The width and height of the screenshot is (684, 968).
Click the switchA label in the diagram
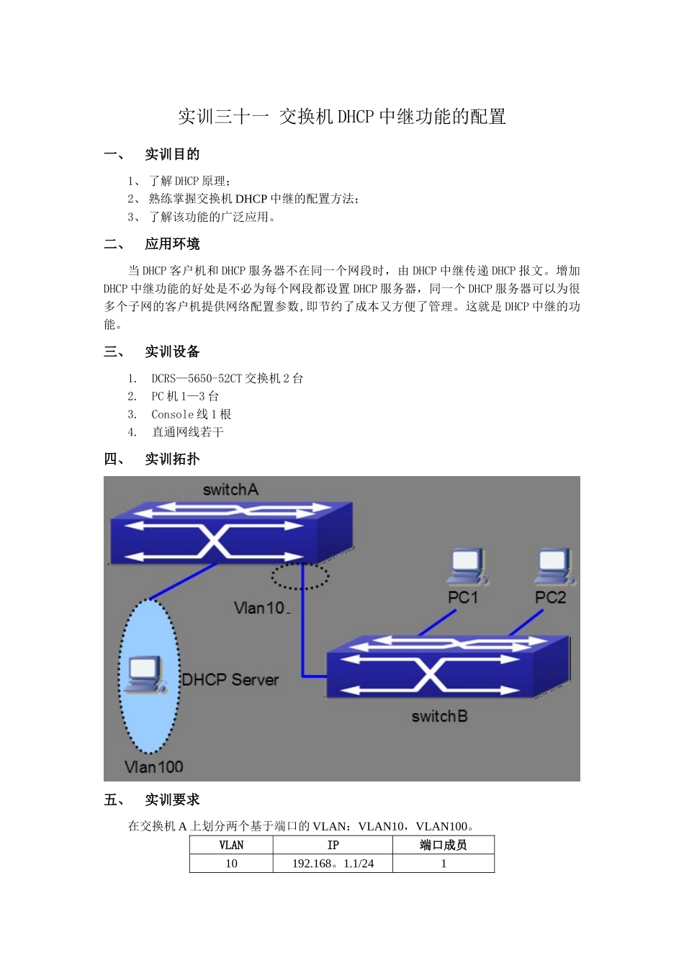(x=230, y=490)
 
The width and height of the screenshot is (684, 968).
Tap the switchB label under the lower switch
(x=439, y=716)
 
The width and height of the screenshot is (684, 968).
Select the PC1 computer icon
(x=467, y=567)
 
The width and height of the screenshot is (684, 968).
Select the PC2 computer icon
(x=554, y=567)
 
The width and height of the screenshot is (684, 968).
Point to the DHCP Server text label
(x=230, y=679)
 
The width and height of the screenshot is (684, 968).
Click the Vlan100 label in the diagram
(x=153, y=766)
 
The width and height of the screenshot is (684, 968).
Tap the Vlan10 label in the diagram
(x=261, y=608)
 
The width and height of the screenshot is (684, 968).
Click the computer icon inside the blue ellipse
(x=145, y=675)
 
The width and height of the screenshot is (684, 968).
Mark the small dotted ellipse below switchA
(x=300, y=576)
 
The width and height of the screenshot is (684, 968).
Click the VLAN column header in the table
(x=231, y=845)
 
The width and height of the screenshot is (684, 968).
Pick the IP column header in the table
(x=333, y=845)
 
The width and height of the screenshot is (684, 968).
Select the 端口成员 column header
(x=443, y=845)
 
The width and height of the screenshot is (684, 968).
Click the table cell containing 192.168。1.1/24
(x=333, y=864)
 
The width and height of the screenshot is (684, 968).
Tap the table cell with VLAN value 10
(x=231, y=864)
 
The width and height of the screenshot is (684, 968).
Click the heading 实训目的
(x=172, y=154)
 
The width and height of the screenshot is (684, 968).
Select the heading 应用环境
(x=172, y=244)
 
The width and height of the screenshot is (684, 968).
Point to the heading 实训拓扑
(x=172, y=459)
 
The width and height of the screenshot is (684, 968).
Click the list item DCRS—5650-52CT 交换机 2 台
(x=227, y=378)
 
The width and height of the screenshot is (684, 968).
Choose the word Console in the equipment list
(x=172, y=414)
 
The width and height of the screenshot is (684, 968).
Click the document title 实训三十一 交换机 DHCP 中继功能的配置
(x=342, y=117)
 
